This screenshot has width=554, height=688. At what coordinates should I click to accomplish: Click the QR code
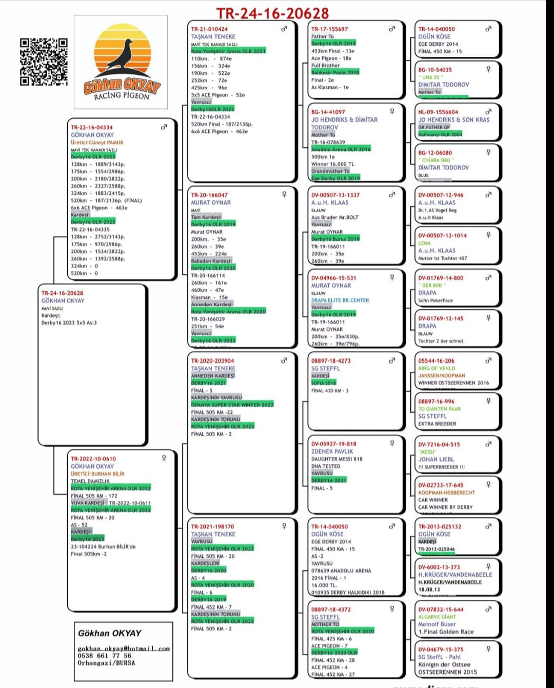tap(44, 62)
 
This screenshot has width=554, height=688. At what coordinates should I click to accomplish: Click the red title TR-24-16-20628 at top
tap(272, 13)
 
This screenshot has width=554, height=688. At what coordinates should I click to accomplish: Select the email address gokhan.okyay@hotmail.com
tap(124, 649)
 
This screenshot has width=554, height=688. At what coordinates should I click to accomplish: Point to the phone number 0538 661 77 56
tap(105, 656)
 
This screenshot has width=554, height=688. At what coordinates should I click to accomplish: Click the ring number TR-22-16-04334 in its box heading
tap(92, 127)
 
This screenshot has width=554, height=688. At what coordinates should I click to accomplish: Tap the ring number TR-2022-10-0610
tap(93, 459)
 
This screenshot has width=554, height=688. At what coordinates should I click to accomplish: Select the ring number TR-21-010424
tap(209, 29)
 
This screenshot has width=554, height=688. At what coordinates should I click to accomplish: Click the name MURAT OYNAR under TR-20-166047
tap(211, 203)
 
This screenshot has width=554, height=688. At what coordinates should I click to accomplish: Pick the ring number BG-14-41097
tap(328, 112)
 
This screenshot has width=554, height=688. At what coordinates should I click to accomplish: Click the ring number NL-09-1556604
tap(438, 112)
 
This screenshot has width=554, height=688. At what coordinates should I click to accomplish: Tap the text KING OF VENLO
tap(437, 368)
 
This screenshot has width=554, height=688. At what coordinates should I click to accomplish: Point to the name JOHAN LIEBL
tap(436, 459)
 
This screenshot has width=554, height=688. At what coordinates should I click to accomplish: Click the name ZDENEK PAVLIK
tap(332, 452)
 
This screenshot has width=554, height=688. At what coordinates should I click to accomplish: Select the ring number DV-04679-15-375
tap(441, 649)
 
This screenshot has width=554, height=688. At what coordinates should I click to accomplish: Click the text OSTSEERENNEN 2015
tap(447, 672)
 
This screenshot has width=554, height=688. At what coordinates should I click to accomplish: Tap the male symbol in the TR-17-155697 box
tap(392, 29)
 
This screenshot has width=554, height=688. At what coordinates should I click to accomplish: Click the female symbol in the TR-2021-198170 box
tap(284, 526)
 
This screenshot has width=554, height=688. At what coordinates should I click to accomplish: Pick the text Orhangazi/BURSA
tap(106, 663)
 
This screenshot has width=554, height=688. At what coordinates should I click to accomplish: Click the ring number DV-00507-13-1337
tap(335, 195)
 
